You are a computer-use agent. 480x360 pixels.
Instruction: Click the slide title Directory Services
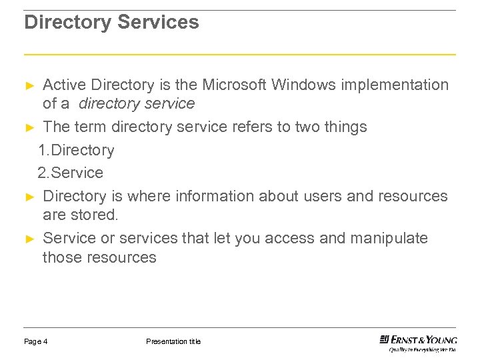(x=111, y=23)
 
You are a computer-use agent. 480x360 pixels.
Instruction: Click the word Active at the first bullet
(x=65, y=85)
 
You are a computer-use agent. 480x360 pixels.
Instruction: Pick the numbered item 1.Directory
(x=76, y=151)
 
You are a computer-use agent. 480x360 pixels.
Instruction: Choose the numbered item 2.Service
(x=71, y=173)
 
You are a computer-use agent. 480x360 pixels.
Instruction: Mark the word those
(x=62, y=258)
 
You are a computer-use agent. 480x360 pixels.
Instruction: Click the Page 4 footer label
(x=36, y=342)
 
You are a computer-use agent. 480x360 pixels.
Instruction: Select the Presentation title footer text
(x=173, y=342)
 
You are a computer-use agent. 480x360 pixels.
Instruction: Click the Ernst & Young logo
(x=418, y=339)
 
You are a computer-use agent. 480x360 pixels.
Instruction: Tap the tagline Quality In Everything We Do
(x=423, y=349)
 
